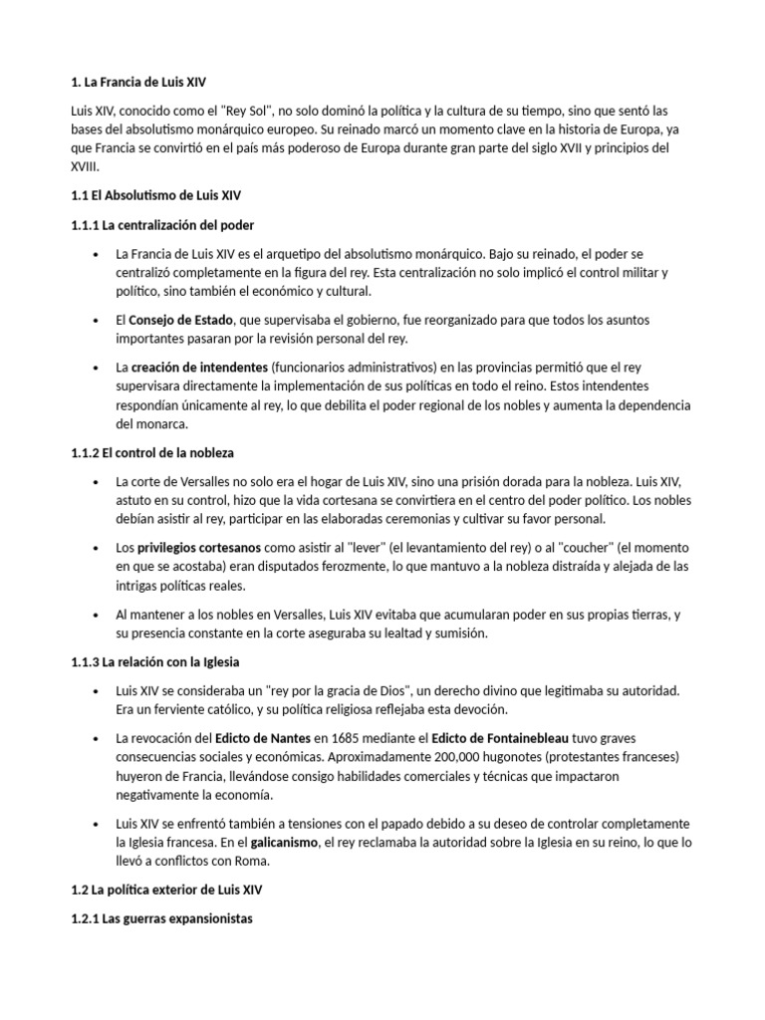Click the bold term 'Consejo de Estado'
(181, 320)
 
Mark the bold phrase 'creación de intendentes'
(198, 368)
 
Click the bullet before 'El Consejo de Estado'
(94, 320)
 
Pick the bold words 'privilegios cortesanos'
(199, 548)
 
